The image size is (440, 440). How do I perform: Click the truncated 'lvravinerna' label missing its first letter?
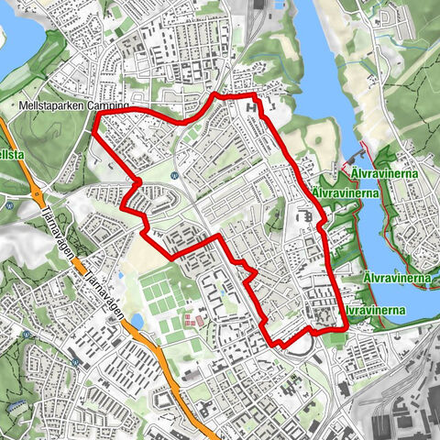click(375, 311)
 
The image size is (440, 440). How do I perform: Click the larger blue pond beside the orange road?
click(137, 321)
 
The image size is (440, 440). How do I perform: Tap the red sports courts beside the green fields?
click(192, 321)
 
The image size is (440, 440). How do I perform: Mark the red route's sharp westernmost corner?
click(93, 131)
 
